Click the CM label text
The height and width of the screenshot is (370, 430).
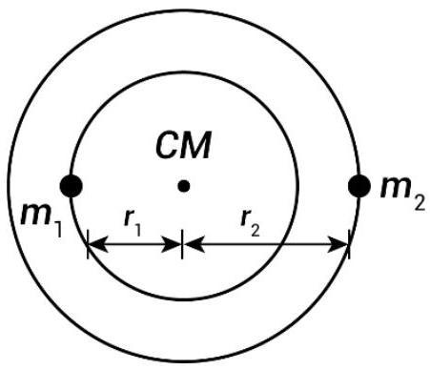click(x=184, y=145)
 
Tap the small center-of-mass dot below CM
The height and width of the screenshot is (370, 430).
click(x=184, y=186)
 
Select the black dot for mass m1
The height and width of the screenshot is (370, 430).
click(x=72, y=186)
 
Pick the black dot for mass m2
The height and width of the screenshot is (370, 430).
click(x=359, y=186)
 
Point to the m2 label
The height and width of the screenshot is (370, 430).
click(x=403, y=195)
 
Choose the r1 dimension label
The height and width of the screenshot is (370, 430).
click(x=133, y=222)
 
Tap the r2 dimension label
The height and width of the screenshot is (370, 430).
click(x=251, y=222)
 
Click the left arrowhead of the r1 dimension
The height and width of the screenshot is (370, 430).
click(x=97, y=244)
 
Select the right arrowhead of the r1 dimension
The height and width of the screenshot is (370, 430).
click(x=172, y=244)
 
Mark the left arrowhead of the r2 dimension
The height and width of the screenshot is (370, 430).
click(x=194, y=244)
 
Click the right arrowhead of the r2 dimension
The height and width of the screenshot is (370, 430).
click(x=338, y=244)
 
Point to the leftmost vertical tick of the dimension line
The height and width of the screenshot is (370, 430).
click(x=88, y=244)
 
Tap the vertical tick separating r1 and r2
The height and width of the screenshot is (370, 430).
click(x=182, y=244)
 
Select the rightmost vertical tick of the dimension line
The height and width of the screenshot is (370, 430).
click(x=349, y=244)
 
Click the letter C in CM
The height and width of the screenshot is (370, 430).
click(x=167, y=145)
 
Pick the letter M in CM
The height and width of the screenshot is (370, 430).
click(x=195, y=145)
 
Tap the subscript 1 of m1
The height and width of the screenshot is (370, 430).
click(x=57, y=228)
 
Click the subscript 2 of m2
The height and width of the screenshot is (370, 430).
click(x=420, y=202)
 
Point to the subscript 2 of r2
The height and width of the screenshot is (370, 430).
click(x=256, y=229)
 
